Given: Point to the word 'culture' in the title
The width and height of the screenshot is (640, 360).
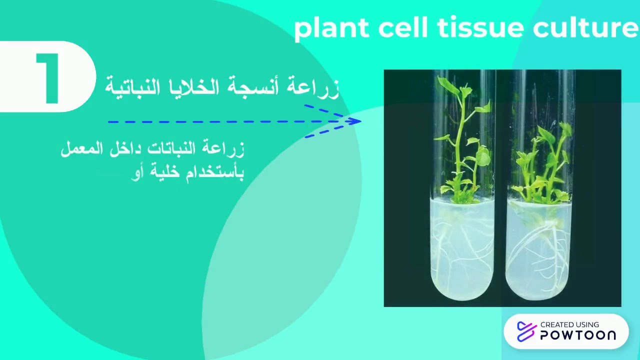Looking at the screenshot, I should tap(585, 28).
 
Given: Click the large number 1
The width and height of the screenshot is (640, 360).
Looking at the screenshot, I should tap(48, 78).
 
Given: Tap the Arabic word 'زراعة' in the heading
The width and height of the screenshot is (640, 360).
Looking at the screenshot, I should tap(313, 87).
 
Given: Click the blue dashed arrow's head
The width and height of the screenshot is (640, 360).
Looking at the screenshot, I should tap(354, 121).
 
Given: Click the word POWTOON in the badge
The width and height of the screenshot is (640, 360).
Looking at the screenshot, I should tap(578, 335).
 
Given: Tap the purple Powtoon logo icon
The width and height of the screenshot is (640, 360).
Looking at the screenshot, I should tap(526, 331).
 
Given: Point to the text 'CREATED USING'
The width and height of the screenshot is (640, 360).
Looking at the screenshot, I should tap(569, 324).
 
